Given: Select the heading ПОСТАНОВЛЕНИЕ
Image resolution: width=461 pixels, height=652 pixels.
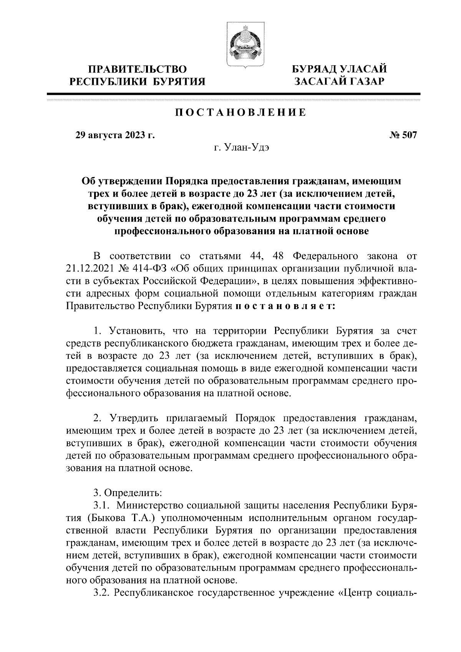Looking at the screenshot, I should coord(241,113).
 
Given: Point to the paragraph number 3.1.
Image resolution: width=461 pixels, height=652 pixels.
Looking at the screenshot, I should coord(102,505).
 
